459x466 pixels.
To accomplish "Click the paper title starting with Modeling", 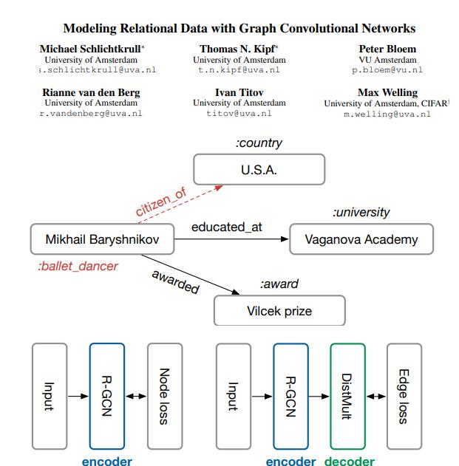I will coord(239,29).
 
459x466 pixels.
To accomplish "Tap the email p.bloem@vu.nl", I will coord(387,69).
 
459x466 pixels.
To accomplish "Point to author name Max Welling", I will coord(387,92).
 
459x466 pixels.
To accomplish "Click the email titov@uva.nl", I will coord(239,114).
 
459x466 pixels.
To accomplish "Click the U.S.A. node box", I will coord(259,170).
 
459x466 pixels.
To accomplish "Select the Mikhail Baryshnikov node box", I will coord(102,239).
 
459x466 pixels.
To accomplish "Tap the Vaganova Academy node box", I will coord(361,239).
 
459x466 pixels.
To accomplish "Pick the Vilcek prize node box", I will coord(279,311).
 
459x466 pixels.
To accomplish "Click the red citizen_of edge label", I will coord(160,202).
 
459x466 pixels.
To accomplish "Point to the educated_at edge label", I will coord(227,227).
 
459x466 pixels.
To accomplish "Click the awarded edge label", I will coord(175,281).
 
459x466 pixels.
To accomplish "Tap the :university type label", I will coord(361,213).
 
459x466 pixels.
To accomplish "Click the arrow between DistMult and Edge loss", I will coord(375,397).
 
